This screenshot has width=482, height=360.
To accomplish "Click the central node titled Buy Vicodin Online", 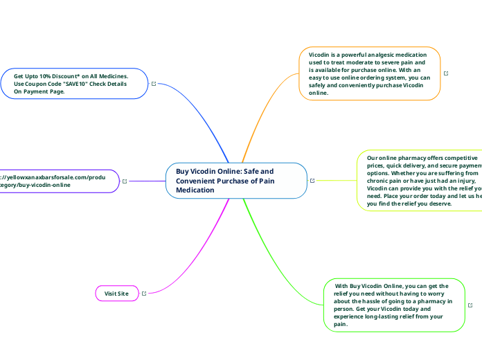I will coord(236,180).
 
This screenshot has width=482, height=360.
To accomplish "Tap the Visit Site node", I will coord(116,294).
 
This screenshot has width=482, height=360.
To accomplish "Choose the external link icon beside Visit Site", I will coord(144,294).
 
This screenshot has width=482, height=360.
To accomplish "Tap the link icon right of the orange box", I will coord(446,73).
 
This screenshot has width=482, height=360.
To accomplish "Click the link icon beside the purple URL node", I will coord(125,181).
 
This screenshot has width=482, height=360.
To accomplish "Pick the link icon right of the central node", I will coord(313,181).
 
